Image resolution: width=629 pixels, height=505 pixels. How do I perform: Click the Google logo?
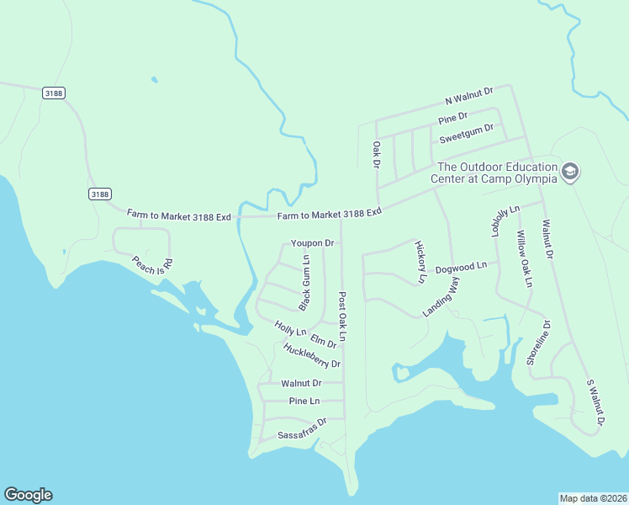pyautogui.click(x=28, y=495)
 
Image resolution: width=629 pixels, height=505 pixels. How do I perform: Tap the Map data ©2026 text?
pyautogui.click(x=593, y=498)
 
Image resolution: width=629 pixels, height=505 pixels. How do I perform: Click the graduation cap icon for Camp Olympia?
pyautogui.click(x=571, y=172)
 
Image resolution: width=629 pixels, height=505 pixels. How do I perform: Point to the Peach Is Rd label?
pyautogui.click(x=152, y=263)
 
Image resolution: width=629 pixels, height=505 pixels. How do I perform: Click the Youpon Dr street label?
pyautogui.click(x=313, y=243)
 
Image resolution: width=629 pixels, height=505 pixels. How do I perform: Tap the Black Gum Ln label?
pyautogui.click(x=305, y=280)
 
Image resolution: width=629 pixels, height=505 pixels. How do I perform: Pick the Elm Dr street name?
pyautogui.click(x=323, y=341)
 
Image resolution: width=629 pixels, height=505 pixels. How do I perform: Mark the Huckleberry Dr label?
pyautogui.click(x=312, y=357)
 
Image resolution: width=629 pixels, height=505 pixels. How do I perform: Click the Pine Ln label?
pyautogui.click(x=304, y=401)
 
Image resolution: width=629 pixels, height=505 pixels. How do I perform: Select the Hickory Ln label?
pyautogui.click(x=420, y=261)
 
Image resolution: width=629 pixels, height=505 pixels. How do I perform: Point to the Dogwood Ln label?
pyautogui.click(x=461, y=266)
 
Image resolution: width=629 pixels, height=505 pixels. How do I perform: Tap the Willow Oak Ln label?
pyautogui.click(x=524, y=258)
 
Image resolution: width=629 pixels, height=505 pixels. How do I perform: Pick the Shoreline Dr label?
pyautogui.click(x=538, y=343)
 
